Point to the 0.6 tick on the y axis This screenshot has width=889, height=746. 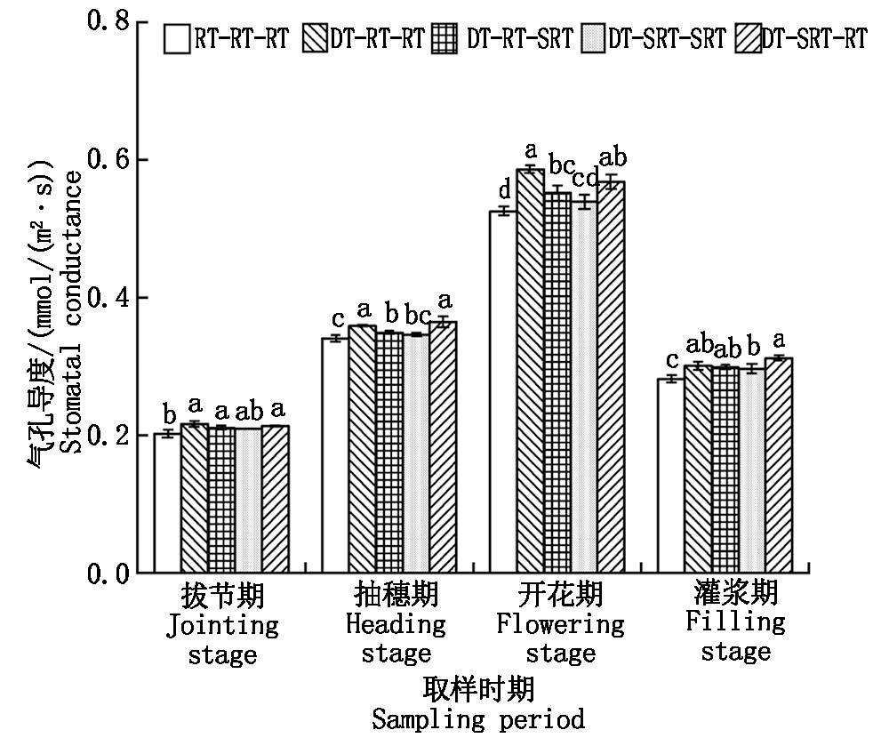coord(136,160)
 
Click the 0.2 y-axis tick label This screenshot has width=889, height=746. coord(108,436)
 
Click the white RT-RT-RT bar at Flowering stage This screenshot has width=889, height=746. coord(503,391)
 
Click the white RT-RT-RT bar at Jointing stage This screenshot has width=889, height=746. coord(167,503)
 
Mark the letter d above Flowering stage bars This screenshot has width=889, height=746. coord(504,190)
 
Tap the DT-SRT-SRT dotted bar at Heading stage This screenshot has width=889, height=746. coord(416,453)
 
